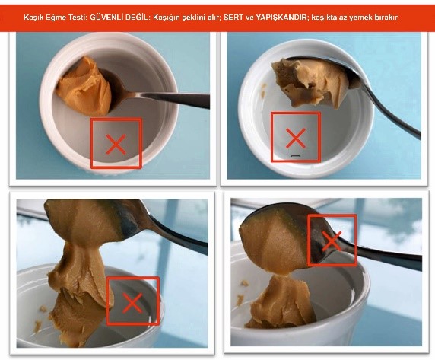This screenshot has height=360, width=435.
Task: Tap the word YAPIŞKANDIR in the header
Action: pos(281,18)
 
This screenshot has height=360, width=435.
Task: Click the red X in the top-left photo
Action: pos(116,144)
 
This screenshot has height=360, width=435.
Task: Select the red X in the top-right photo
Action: pos(296,138)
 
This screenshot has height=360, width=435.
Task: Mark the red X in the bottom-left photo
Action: pos(132,303)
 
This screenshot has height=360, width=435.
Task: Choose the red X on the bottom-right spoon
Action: pos(332,241)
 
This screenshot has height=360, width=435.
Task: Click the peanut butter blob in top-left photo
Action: pos(84,86)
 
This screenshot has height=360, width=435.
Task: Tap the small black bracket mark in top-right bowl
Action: pos(296,157)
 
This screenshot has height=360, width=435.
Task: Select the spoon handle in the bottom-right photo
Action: pos(389,256)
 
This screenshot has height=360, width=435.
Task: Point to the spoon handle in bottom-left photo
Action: pos(177,236)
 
